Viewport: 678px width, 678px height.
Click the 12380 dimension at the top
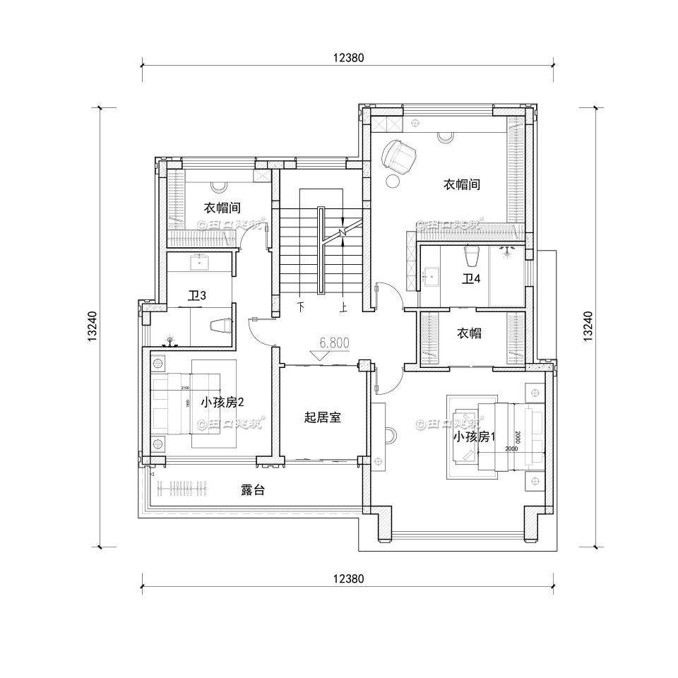346,59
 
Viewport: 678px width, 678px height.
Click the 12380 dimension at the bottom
346,578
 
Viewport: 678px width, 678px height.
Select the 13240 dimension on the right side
588,326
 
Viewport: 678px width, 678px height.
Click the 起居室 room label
323,417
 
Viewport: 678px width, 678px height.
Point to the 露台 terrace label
252,490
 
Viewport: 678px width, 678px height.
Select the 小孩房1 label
475,436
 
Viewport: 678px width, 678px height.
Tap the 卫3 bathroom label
197,295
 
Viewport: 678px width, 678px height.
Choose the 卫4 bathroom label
471,278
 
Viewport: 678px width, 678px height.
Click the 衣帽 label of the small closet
469,333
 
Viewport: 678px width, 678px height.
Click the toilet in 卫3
221,325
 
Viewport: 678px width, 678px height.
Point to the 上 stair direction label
344,308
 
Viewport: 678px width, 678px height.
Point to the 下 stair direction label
302,308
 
